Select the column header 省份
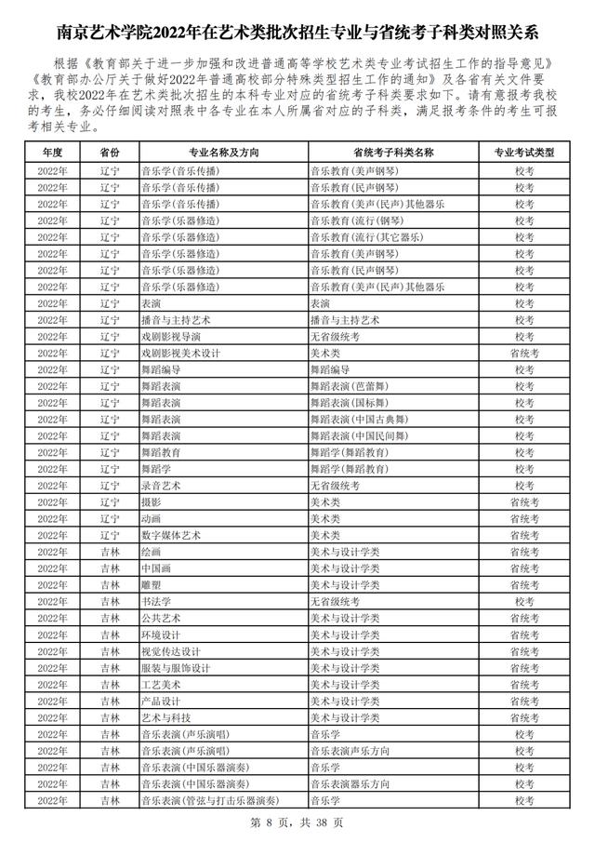pyautogui.click(x=110, y=152)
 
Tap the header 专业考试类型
pyautogui.click(x=523, y=152)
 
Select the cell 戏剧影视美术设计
pyautogui.click(x=179, y=354)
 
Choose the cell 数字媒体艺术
pyautogui.click(x=170, y=535)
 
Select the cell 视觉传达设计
pyautogui.click(x=170, y=651)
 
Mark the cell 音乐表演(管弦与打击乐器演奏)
pyautogui.click(x=209, y=800)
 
